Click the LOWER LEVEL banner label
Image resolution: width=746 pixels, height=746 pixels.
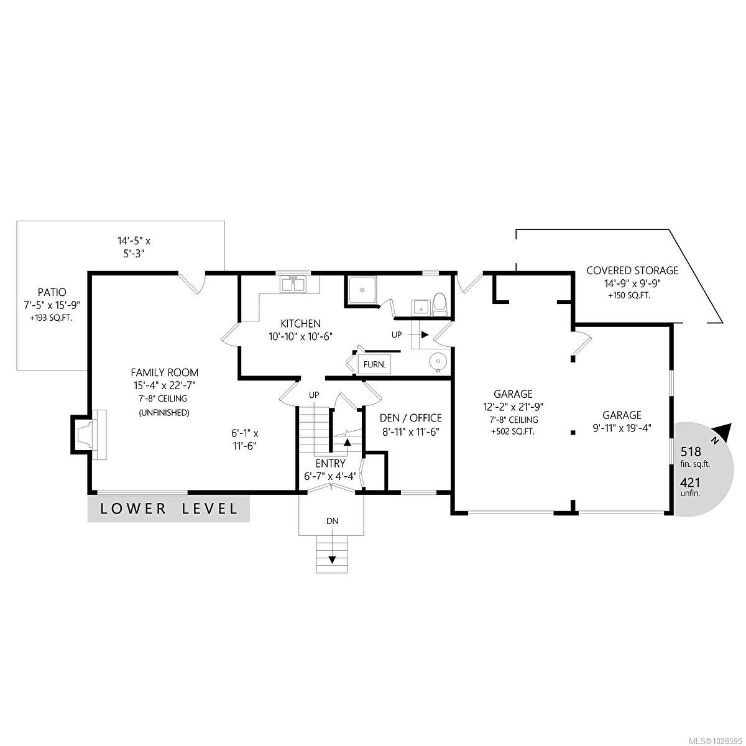coord(168,509)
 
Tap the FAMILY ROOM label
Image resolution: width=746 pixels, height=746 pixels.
coord(164,372)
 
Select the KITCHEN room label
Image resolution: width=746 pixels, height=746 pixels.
coord(300,323)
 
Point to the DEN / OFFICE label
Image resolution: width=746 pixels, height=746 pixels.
coord(410,418)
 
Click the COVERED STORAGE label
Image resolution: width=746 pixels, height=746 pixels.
coord(632,270)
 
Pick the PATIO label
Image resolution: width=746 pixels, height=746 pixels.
coord(51,292)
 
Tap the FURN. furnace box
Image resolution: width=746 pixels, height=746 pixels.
coord(374,365)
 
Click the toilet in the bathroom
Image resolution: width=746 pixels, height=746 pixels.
coord(440,303)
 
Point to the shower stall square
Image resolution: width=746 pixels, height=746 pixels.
coord(360,290)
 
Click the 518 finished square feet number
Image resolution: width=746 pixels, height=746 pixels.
coord(691,452)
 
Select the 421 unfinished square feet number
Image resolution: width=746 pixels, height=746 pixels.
coord(691,482)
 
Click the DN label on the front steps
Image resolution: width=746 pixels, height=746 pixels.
coord(333,521)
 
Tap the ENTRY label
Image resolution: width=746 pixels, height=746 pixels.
coord(330,463)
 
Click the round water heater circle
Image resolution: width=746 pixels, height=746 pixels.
coord(439,361)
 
